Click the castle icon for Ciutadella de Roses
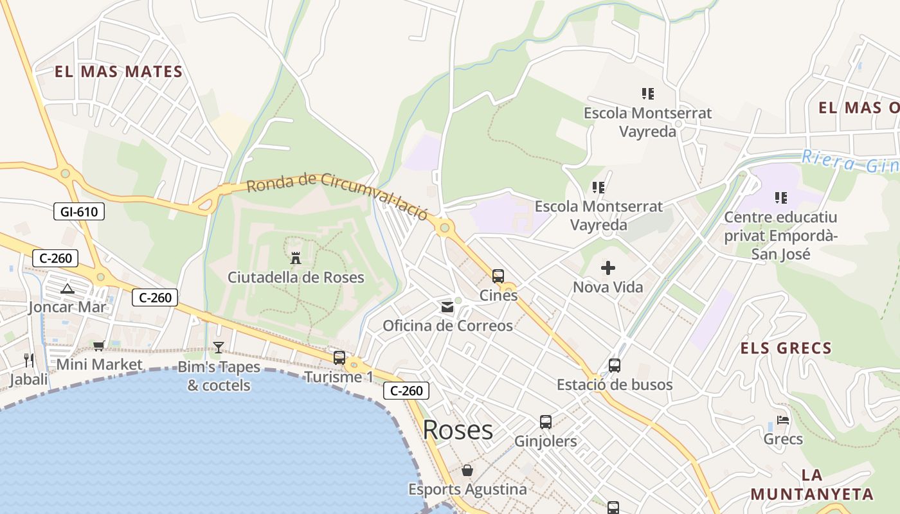click(x=296, y=258)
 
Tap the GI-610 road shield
click(x=79, y=211)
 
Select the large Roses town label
click(x=458, y=430)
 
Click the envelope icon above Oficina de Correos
click(x=447, y=308)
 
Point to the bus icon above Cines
click(x=498, y=276)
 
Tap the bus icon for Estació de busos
click(x=615, y=366)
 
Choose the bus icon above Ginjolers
click(x=546, y=422)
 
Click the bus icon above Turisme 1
click(x=339, y=358)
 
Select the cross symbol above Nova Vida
click(x=607, y=268)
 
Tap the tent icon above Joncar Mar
click(x=67, y=289)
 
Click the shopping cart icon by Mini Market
click(x=99, y=346)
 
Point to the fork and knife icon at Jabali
click(x=28, y=360)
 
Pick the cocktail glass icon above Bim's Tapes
click(x=219, y=348)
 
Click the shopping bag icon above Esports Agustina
click(x=467, y=470)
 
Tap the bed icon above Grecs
click(x=783, y=420)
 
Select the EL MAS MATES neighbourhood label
click(x=119, y=71)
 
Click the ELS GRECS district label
click(x=786, y=348)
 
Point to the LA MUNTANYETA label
click(x=812, y=485)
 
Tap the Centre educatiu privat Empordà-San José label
click(x=781, y=235)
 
